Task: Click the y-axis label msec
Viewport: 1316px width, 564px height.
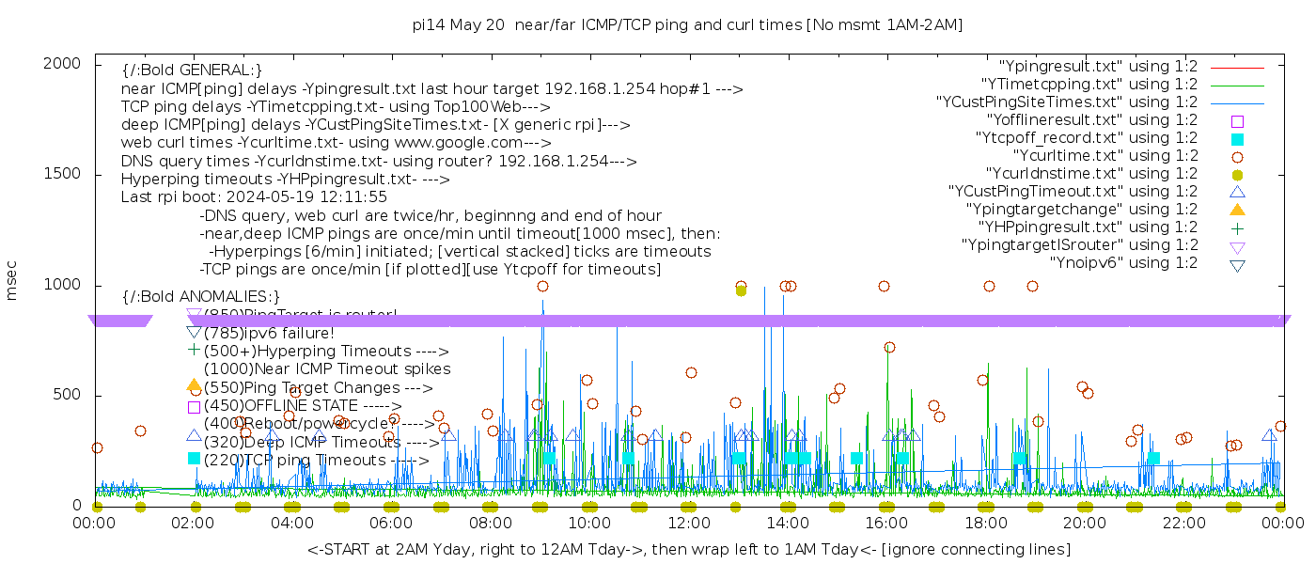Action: click(x=12, y=283)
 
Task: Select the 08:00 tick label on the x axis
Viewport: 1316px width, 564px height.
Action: click(x=490, y=523)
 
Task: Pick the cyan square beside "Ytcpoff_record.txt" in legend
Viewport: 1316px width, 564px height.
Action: click(x=1237, y=139)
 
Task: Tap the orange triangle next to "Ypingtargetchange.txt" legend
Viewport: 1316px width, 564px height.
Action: click(x=1237, y=210)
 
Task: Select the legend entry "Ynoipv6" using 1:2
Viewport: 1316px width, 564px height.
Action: click(x=1123, y=263)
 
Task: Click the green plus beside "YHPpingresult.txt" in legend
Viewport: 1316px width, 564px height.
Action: click(x=1237, y=227)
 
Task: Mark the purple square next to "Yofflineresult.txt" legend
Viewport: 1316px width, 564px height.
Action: click(x=1237, y=121)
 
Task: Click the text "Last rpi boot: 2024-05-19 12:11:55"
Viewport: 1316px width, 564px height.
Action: click(x=254, y=197)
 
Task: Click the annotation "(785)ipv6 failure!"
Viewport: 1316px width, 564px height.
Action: click(x=269, y=333)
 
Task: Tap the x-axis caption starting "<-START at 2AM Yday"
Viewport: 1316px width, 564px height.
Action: click(x=688, y=549)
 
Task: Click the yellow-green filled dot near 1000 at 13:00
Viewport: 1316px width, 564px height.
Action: click(x=741, y=290)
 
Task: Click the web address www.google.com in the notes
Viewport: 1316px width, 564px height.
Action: click(x=462, y=143)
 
